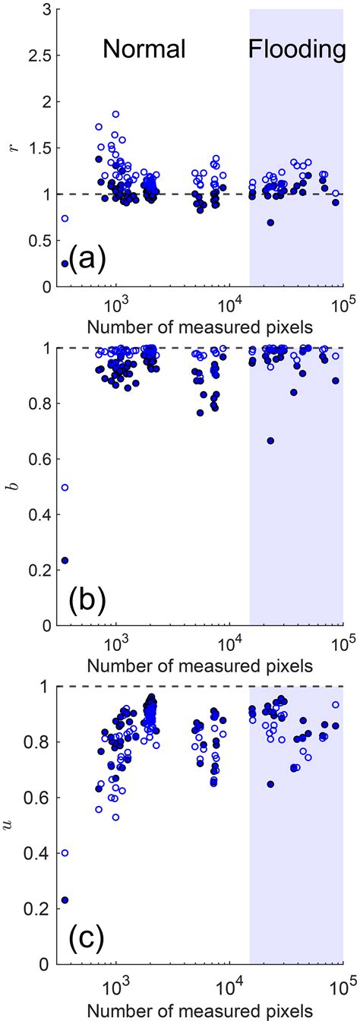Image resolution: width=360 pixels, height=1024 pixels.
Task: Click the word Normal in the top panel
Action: coord(144,50)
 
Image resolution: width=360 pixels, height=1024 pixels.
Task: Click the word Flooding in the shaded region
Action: coord(297,50)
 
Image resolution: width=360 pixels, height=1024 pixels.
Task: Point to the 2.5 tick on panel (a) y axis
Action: coord(43,55)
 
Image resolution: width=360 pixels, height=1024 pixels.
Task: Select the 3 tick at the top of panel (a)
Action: coord(48,9)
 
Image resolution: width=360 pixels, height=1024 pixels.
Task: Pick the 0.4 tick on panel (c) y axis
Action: coord(43,853)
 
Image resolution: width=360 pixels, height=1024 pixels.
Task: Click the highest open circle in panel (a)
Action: coord(115,114)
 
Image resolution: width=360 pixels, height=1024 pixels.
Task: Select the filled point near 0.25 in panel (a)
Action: coord(65,264)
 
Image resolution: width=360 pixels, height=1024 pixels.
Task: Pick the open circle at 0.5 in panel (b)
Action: coord(65,487)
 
